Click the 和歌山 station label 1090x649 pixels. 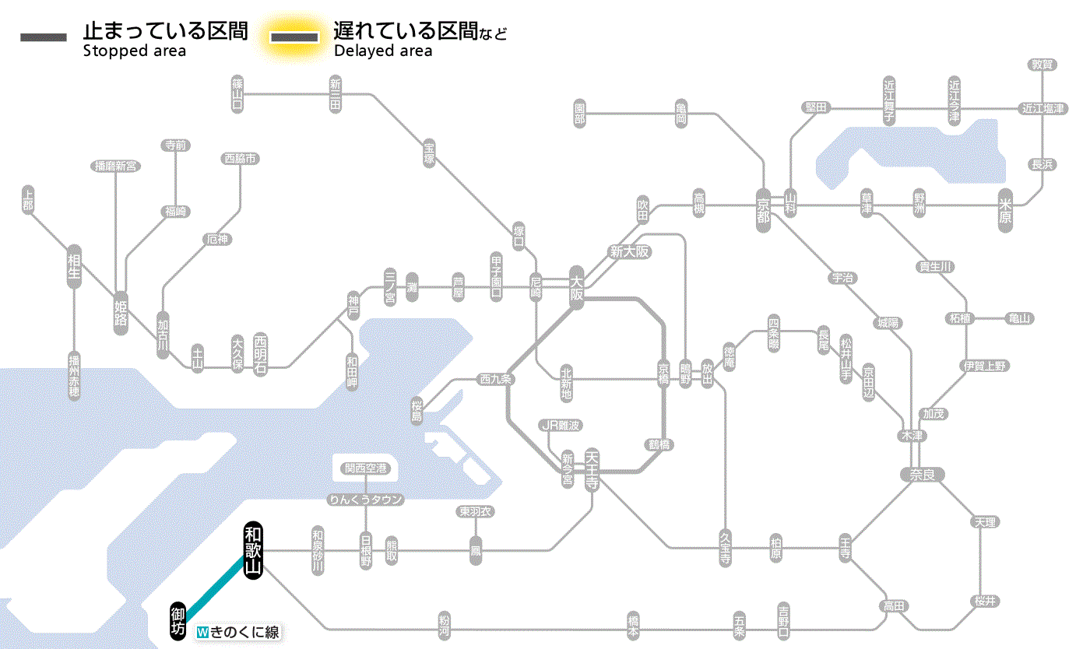(252, 551)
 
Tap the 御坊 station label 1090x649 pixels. (178, 620)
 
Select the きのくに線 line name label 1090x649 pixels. (237, 633)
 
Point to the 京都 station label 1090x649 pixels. (763, 206)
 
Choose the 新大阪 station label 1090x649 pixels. (630, 251)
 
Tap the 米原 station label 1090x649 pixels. (1007, 211)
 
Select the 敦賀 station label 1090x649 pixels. (1042, 65)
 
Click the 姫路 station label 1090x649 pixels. (121, 312)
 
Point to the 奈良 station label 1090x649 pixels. (921, 474)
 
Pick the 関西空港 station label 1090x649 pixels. (365, 468)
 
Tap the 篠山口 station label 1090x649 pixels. (237, 93)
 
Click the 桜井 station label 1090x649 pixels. (985, 601)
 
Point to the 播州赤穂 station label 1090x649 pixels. (74, 375)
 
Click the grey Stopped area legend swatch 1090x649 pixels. (44, 37)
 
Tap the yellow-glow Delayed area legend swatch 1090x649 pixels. (294, 37)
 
